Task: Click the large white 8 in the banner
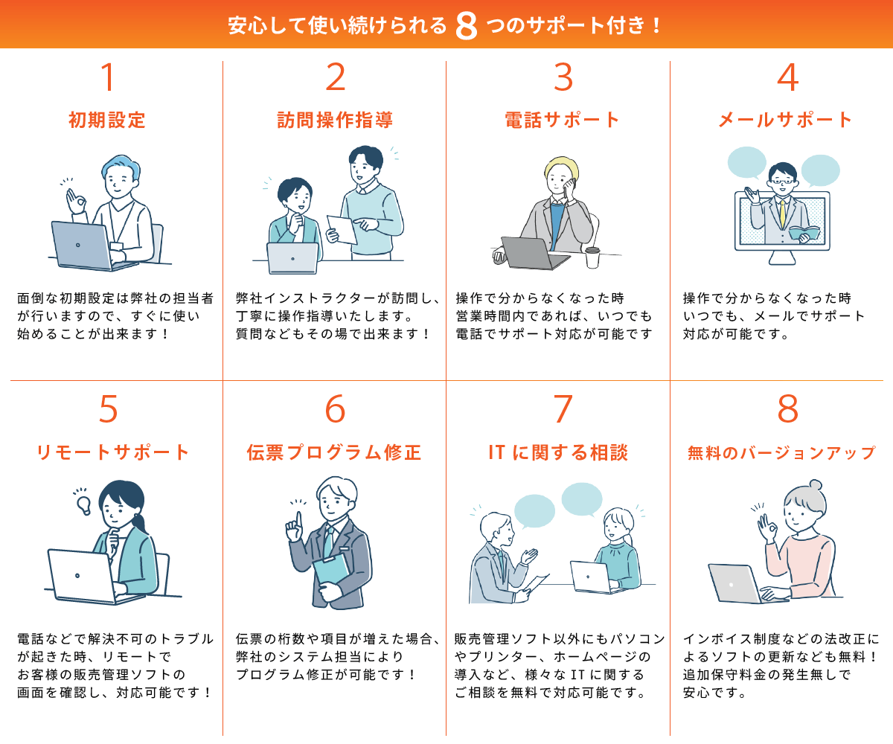pos(466,25)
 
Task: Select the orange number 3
pos(563,77)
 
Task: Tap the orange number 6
pos(335,408)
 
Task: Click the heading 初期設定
pos(107,120)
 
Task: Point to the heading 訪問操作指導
pos(335,120)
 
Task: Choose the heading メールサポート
pos(785,120)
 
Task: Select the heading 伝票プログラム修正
pos(334,452)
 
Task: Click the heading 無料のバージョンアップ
pos(781,453)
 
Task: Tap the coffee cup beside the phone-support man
pos(592,257)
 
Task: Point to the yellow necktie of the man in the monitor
pos(782,214)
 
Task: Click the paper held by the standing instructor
pos(342,229)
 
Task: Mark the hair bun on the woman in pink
pos(815,485)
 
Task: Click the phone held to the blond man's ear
pos(569,188)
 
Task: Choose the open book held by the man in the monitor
pos(804,233)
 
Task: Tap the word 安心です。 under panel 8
pos(714,692)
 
